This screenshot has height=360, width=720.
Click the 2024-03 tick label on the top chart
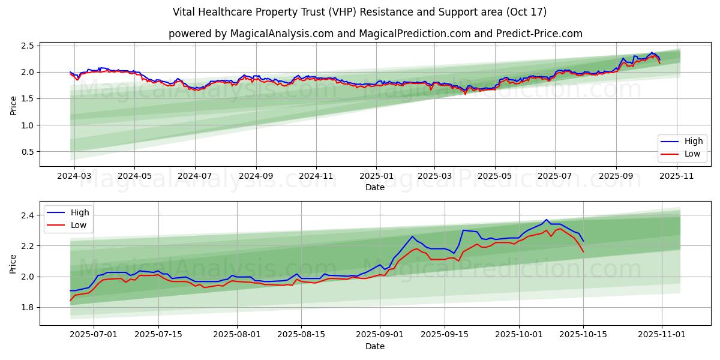(x=74, y=176)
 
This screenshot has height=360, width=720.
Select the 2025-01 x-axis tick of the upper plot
(x=376, y=176)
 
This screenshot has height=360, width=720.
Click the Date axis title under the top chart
(x=375, y=187)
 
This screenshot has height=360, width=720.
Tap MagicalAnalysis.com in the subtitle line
(x=281, y=34)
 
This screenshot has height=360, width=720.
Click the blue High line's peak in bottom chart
(x=546, y=220)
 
